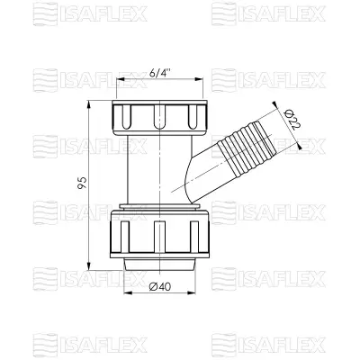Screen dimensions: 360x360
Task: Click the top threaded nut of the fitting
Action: click(x=161, y=114)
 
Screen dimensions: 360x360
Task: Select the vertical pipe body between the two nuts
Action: click(x=144, y=171)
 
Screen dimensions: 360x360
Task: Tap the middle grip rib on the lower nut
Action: click(x=160, y=236)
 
